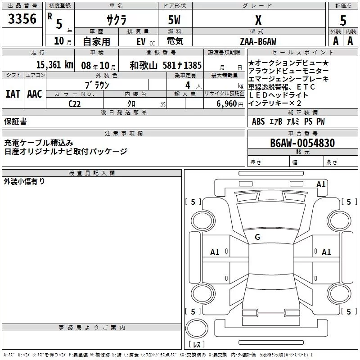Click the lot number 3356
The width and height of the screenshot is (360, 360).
22,19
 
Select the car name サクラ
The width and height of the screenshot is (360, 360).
117,20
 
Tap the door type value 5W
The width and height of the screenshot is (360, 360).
174,20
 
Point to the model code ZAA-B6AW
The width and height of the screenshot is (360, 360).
258,41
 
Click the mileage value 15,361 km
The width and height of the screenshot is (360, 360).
54,65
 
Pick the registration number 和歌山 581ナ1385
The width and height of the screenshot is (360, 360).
166,65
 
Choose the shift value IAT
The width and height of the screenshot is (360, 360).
13,94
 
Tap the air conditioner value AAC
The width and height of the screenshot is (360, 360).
35,94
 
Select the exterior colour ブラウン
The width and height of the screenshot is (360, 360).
97,85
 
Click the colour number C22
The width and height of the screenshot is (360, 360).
75,104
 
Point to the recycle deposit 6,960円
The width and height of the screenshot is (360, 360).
230,104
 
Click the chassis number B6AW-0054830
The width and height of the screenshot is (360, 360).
302,143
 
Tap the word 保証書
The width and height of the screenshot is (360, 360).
15,121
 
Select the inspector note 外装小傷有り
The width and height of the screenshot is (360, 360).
24,181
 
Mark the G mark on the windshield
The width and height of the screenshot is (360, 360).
257,237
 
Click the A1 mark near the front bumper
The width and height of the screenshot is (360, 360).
321,184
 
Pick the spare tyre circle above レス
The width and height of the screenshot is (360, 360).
197,328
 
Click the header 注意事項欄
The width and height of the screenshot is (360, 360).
123,133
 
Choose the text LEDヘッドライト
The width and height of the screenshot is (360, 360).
278,95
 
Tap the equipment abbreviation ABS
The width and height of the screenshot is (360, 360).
258,121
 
